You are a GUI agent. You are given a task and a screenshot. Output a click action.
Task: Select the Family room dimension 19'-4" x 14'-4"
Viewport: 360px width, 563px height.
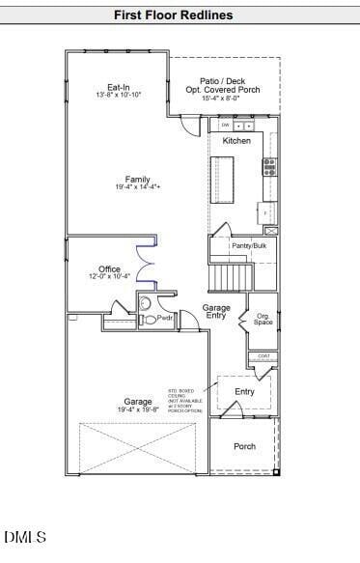(x=137, y=186)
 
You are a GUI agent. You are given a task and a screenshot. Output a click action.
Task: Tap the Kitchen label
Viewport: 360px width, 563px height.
(x=236, y=141)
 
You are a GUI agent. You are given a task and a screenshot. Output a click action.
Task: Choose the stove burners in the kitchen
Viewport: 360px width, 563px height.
(x=270, y=166)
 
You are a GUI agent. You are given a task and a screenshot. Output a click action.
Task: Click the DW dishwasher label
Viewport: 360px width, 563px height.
(x=225, y=126)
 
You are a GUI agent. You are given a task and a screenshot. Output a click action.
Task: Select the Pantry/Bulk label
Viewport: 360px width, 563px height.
(x=248, y=246)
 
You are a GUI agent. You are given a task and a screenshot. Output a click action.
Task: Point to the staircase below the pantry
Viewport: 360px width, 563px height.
(x=230, y=278)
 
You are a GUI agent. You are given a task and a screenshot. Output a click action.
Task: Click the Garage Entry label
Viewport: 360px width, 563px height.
(x=216, y=312)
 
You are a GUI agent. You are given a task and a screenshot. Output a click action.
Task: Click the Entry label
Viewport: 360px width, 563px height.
(x=245, y=391)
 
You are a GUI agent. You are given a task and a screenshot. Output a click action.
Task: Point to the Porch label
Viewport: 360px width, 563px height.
(x=245, y=446)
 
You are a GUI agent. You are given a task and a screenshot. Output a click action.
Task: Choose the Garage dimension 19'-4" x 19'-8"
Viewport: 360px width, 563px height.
(x=137, y=409)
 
